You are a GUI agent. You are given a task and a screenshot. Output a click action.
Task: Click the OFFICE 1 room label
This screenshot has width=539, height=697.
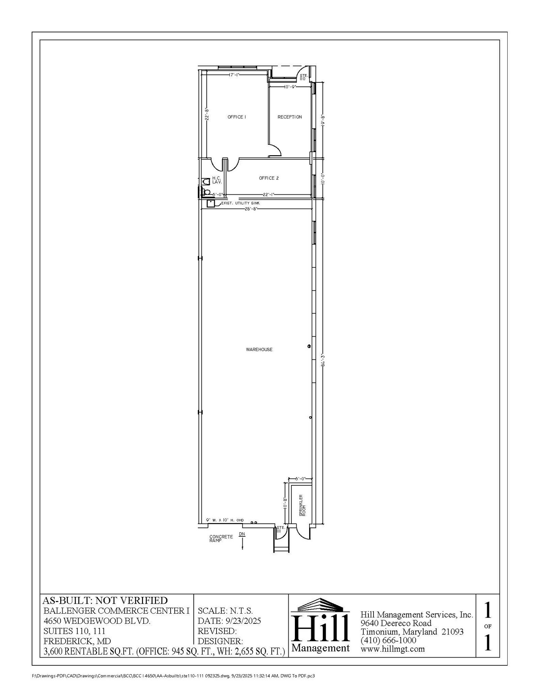point(237,117)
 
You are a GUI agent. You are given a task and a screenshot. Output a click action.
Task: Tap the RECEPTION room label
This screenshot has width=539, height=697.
point(289,117)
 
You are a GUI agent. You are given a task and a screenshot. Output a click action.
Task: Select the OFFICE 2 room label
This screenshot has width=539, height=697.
point(269,178)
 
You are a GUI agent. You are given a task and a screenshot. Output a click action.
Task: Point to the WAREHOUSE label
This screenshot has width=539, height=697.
point(259,350)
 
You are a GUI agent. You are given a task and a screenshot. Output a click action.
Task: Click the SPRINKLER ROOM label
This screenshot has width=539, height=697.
point(302,505)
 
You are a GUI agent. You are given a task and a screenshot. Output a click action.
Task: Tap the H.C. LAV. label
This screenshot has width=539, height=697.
point(217,180)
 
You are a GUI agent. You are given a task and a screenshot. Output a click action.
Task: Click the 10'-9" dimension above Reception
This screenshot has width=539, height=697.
point(290,87)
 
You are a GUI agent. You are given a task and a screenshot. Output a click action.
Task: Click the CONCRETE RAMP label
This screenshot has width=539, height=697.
point(221,538)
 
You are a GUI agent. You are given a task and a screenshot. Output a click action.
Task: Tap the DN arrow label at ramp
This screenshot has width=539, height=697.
point(242,534)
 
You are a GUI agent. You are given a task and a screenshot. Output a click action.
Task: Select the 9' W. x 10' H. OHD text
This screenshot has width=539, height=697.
point(225,520)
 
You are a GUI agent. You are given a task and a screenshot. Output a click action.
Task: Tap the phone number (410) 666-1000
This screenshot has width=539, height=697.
point(388,640)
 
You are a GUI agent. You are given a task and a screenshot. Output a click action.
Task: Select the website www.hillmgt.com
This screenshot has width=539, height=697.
point(392,649)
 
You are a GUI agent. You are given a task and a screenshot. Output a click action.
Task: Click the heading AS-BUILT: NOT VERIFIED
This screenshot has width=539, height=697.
point(105,601)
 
